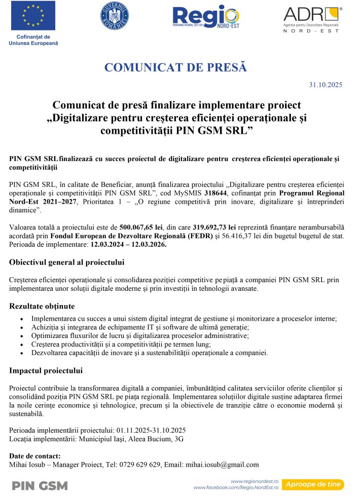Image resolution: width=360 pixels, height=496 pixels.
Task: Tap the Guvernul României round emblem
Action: [115, 16]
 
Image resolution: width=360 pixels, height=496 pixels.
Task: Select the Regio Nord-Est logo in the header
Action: [206, 18]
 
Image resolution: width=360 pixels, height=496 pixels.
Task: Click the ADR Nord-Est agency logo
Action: [312, 19]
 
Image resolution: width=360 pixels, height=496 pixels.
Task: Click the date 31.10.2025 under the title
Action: [326, 85]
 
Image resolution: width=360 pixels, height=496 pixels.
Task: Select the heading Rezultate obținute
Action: [42, 306]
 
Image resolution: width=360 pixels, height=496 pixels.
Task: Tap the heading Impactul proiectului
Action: [46, 370]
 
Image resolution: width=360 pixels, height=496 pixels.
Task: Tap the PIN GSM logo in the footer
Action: [40, 485]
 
